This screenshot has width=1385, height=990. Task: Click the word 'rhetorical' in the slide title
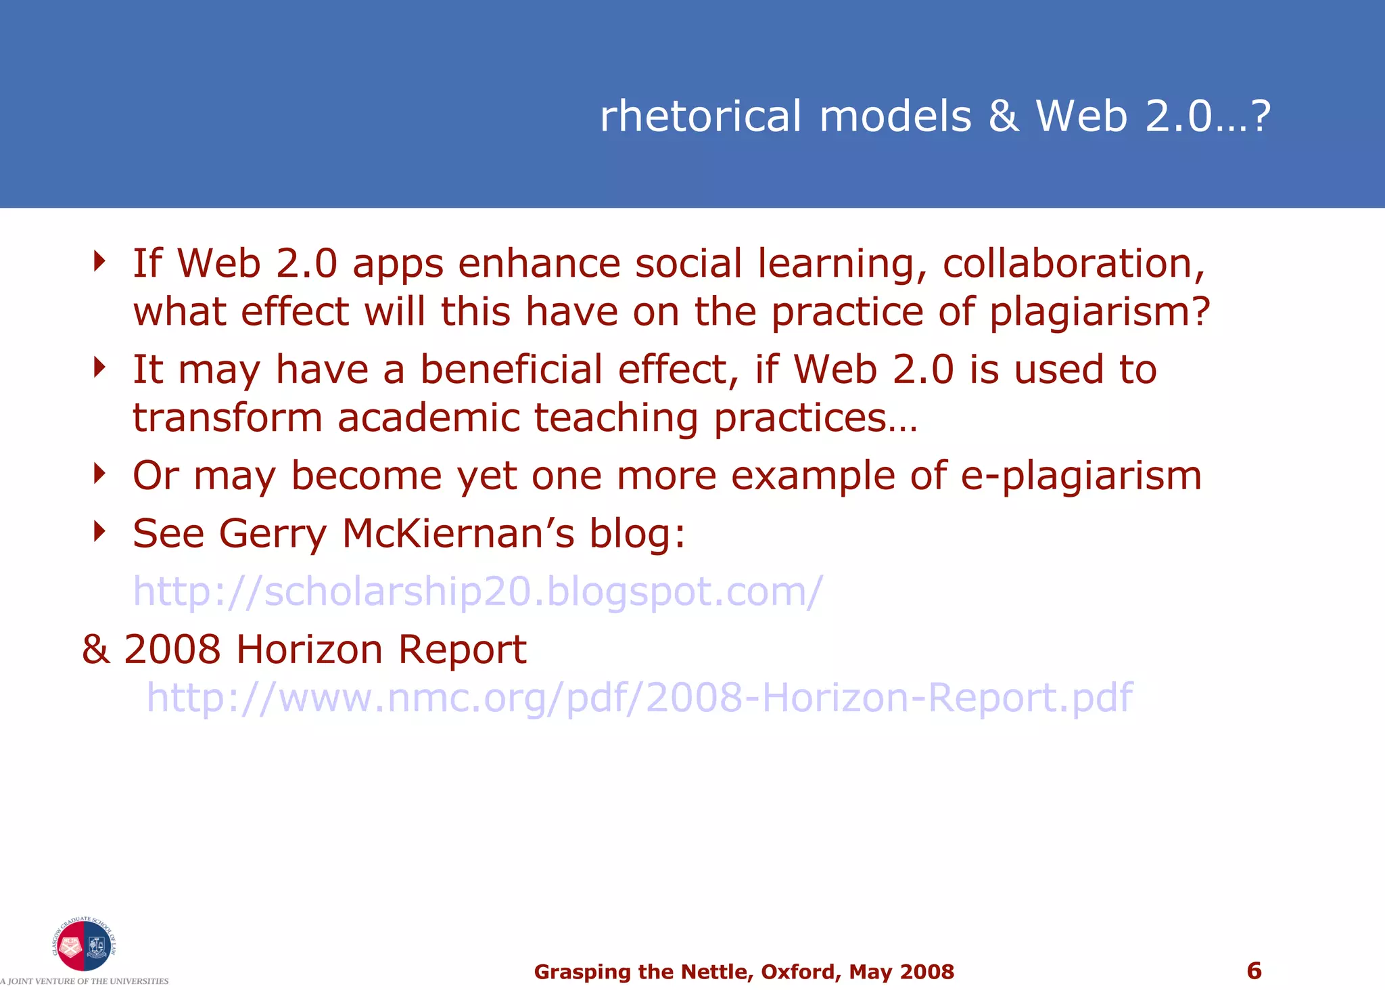[x=701, y=116]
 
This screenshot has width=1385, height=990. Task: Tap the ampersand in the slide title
[x=1004, y=116]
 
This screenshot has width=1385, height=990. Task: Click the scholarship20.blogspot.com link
[x=477, y=591]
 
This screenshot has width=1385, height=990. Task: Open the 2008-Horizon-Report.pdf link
[x=639, y=697]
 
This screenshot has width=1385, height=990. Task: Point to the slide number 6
[x=1254, y=970]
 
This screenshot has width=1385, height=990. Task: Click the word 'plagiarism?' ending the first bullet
[x=1100, y=312]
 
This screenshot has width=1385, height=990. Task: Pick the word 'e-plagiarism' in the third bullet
[x=1081, y=475]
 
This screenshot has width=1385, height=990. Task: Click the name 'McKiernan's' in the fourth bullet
[x=458, y=533]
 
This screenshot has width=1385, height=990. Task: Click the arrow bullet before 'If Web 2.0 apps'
[x=100, y=261]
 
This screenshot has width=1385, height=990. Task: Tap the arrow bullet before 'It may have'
[x=100, y=367]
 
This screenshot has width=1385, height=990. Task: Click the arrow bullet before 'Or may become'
[x=100, y=474]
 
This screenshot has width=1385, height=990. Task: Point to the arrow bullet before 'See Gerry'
[x=100, y=532]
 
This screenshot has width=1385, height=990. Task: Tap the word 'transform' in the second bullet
[x=227, y=418]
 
